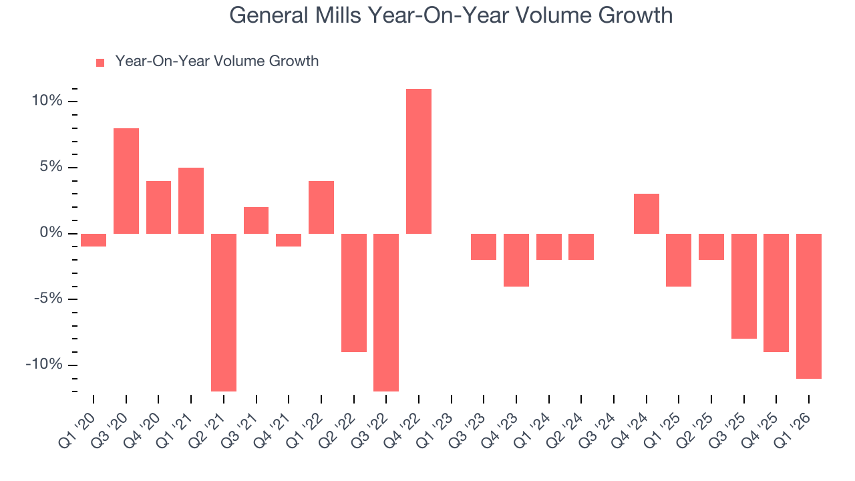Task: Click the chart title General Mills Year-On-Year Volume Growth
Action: point(451,15)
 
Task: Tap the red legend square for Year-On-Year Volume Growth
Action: point(100,62)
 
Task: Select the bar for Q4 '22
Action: point(419,161)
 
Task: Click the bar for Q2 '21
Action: point(224,312)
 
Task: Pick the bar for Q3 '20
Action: point(126,180)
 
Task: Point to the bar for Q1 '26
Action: point(809,306)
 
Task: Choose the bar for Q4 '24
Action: point(647,214)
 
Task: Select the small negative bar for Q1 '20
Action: point(94,240)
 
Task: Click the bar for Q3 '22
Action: point(386,312)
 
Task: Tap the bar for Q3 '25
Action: point(744,286)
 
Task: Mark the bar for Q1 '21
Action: point(191,200)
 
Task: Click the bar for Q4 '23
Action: point(516,260)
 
